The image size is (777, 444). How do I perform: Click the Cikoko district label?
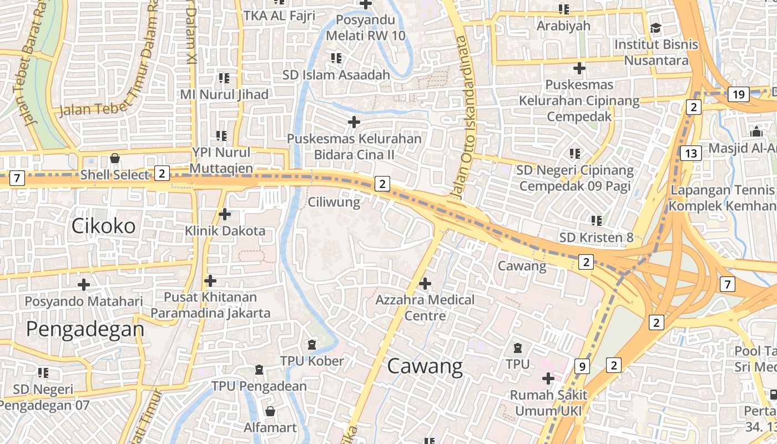pos(104,226)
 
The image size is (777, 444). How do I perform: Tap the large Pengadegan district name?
pos(85,330)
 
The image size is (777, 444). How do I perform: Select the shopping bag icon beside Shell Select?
pos(115,158)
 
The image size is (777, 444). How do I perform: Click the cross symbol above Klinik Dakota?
pos(225,214)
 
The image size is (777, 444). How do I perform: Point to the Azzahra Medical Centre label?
pos(425,308)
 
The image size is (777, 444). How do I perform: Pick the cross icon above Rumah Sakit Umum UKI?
pos(548,379)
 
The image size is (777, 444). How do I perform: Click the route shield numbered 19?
pos(738,94)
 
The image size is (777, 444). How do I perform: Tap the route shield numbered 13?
pos(691,153)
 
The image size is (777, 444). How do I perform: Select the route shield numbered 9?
pos(582,366)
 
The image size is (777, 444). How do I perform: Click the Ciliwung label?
pos(334,202)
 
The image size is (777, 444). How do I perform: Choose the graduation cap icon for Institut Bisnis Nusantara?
pos(656,28)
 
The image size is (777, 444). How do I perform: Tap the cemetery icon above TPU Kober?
pos(312,345)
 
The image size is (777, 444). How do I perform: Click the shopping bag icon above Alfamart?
pos(270,411)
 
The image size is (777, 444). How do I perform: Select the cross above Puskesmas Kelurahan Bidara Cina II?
pos(354,122)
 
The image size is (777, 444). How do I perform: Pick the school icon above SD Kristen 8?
pos(597,220)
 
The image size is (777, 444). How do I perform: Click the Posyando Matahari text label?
pos(84,301)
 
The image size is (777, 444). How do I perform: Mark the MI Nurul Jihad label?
pos(224,94)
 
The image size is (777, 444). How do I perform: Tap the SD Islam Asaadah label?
pos(336,74)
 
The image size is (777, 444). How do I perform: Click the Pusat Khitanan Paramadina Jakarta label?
pos(210,305)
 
